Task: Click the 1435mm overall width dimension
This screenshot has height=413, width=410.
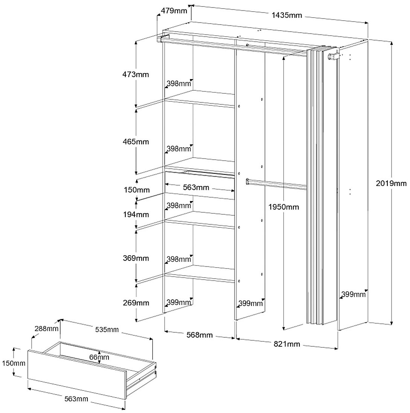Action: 287,15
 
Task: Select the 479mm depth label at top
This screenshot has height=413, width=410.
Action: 174,11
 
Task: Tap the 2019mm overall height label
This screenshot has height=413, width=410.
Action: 392,183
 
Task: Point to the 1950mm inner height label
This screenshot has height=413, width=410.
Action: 283,207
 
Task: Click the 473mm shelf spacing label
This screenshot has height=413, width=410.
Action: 136,74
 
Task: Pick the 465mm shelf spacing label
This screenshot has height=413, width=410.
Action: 136,142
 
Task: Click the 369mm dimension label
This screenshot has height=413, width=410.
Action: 136,258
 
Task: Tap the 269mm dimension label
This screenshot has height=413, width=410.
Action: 136,303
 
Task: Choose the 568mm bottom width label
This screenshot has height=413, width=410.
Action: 200,335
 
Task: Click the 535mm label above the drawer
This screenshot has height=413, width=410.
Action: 107,330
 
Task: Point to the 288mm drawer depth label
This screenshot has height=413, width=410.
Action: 46,328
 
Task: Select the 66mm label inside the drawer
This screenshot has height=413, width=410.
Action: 99,357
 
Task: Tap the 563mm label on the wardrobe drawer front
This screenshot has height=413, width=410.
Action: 196,187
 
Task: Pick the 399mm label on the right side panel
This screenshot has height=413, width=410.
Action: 354,294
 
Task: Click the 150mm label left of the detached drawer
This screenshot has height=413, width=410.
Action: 13,363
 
